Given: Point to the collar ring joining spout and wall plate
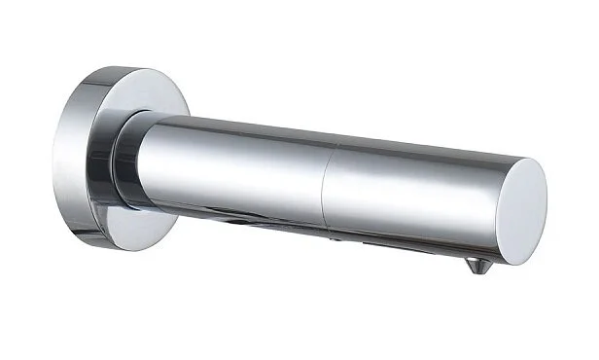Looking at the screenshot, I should (x=126, y=162).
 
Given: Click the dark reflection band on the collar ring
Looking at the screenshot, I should (x=119, y=165).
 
